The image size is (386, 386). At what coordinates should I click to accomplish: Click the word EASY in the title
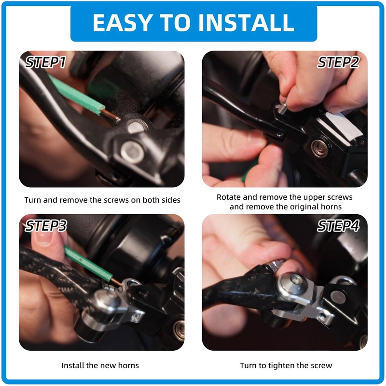(122, 22)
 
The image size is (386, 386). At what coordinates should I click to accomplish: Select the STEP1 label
(45, 62)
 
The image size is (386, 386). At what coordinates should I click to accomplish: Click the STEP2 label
(338, 62)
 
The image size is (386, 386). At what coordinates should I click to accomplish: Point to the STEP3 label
(46, 226)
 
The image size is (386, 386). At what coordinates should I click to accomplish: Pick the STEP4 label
(338, 226)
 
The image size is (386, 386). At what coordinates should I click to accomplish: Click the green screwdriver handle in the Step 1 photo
(76, 95)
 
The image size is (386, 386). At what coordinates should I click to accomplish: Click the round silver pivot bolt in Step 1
(132, 152)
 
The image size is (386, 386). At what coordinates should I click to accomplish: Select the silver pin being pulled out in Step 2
(282, 108)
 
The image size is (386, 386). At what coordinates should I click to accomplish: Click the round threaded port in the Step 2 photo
(319, 148)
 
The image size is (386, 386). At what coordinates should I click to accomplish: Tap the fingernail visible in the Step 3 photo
(43, 236)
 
